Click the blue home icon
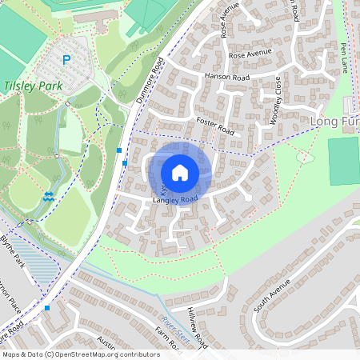[x=180, y=173]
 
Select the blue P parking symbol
[x=67, y=59]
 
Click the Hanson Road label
[x=227, y=77]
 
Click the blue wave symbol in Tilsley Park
[x=49, y=195]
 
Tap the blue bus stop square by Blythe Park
[x=47, y=307]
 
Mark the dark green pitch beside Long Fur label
[x=344, y=160]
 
